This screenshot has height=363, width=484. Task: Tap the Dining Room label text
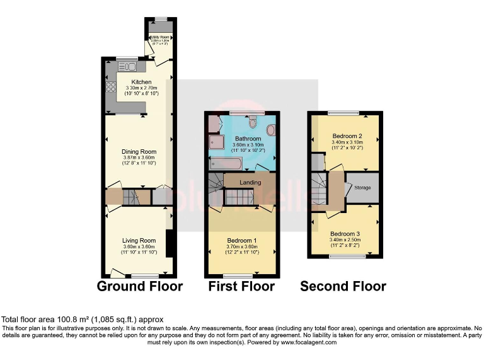point(138,151)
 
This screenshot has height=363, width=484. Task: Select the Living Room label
point(139,240)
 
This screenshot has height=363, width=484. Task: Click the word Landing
point(250,182)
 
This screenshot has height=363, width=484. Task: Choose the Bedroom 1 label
point(242,240)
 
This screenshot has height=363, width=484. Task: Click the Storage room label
point(362,188)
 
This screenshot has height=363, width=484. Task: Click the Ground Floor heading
point(139,286)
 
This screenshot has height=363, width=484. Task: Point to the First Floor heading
point(242,286)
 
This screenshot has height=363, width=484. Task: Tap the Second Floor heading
point(343,286)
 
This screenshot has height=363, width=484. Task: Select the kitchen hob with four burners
point(109,88)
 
